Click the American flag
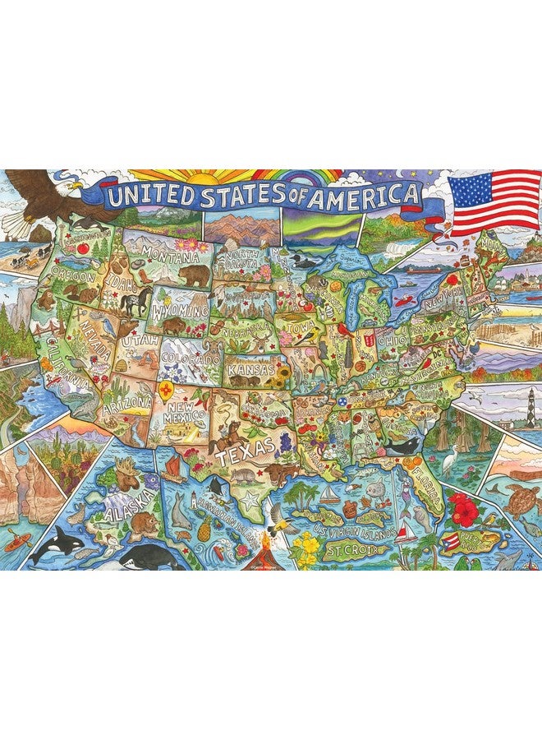click(x=494, y=202)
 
